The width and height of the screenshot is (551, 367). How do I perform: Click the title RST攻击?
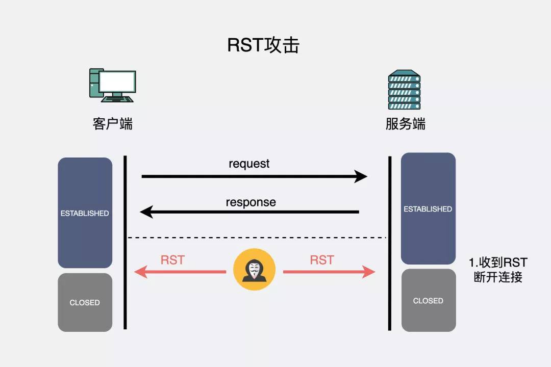(x=263, y=45)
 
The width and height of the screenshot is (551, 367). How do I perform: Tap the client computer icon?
(x=112, y=85)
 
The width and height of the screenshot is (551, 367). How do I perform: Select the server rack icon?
(x=404, y=90)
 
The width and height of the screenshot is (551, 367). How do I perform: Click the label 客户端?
(x=112, y=124)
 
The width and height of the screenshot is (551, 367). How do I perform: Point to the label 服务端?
(x=405, y=124)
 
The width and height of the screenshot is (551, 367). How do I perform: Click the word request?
(x=249, y=164)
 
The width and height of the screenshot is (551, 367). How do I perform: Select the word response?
(x=251, y=202)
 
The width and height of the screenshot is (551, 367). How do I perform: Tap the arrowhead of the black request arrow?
(x=362, y=177)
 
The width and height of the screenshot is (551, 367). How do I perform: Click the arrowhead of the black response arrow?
(x=146, y=212)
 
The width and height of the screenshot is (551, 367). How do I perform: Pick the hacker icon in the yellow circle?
(x=254, y=270)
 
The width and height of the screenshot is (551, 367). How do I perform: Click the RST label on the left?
(x=172, y=260)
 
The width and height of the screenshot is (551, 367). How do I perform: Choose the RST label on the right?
(x=322, y=260)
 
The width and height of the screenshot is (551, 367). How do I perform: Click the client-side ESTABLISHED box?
(x=85, y=213)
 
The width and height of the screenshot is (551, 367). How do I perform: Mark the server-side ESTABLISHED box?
(x=428, y=208)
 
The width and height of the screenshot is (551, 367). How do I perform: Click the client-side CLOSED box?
(x=85, y=302)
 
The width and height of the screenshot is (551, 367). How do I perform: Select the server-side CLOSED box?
(x=428, y=300)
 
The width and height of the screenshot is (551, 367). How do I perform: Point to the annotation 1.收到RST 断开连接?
(x=498, y=270)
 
